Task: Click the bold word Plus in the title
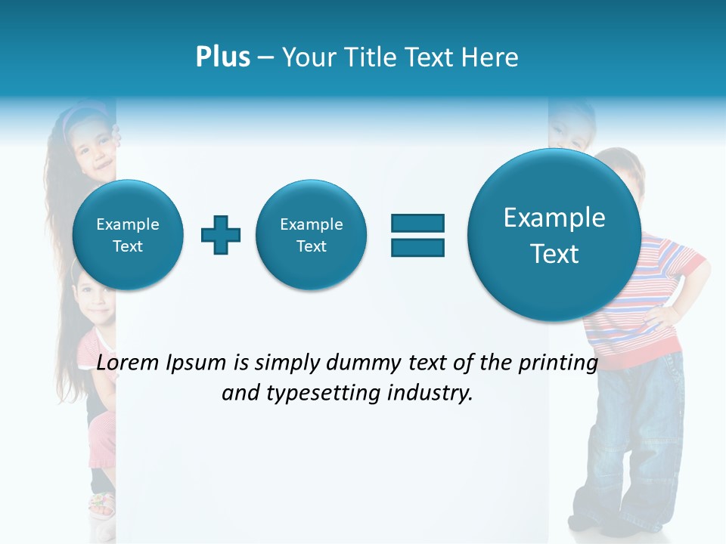(x=222, y=57)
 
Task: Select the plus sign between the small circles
(x=221, y=235)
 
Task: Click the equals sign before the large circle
(x=417, y=235)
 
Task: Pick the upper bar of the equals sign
(x=417, y=223)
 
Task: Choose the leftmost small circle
(x=128, y=235)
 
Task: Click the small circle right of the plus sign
(x=311, y=235)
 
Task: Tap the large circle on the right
(x=554, y=235)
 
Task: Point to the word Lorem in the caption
(x=129, y=363)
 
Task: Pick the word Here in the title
(x=494, y=57)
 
